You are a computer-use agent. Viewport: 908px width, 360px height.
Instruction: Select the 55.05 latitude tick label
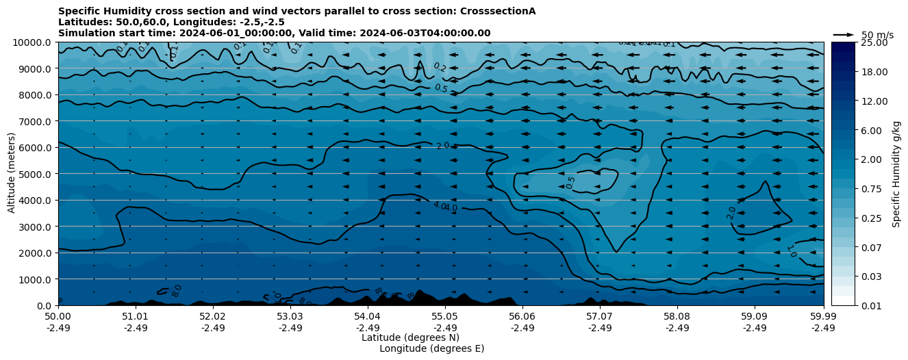(444, 318)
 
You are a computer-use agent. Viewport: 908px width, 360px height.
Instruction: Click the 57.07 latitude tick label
(599, 318)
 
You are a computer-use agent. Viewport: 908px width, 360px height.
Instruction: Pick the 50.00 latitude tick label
(58, 318)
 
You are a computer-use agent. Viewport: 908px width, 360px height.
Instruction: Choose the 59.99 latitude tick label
(823, 318)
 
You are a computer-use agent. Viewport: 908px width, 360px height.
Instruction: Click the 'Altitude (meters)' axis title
(12, 174)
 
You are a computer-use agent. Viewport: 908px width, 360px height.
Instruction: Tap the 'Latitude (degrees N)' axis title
(410, 337)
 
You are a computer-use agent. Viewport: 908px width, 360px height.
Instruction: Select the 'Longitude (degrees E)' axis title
(431, 348)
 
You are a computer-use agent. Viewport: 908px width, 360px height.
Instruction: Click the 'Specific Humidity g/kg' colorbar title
(896, 174)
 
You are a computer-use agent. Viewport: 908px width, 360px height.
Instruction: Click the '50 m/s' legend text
(877, 35)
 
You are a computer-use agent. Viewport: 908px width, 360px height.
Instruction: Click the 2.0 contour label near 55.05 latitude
(443, 146)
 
